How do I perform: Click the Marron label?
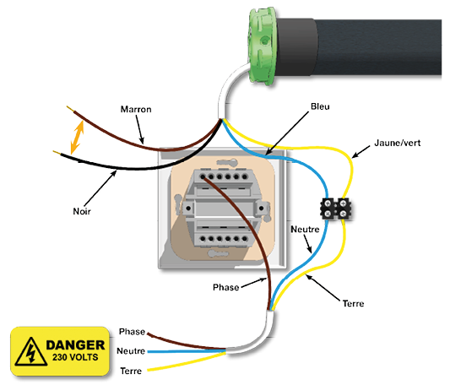[x=136, y=110]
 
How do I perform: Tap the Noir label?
[x=82, y=211]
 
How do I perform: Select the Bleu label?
[x=320, y=106]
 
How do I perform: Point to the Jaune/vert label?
[x=398, y=143]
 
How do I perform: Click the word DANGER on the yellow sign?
[x=75, y=345]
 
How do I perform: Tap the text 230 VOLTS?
[x=75, y=357]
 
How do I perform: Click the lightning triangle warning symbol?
[x=31, y=352]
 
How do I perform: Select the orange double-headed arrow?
[x=77, y=138]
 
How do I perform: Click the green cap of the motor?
[x=262, y=46]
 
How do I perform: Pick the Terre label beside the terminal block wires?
[x=353, y=303]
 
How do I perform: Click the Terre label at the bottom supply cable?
[x=131, y=371]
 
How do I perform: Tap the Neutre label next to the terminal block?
[x=305, y=229]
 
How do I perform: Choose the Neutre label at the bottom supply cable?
[x=131, y=351]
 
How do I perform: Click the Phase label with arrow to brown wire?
[x=226, y=287]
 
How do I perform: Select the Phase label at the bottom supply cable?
[x=132, y=332]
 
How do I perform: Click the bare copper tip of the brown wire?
[x=70, y=109]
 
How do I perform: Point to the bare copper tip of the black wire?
[x=57, y=153]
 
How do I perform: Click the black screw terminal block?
[x=336, y=209]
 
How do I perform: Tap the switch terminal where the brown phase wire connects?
[x=203, y=176]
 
